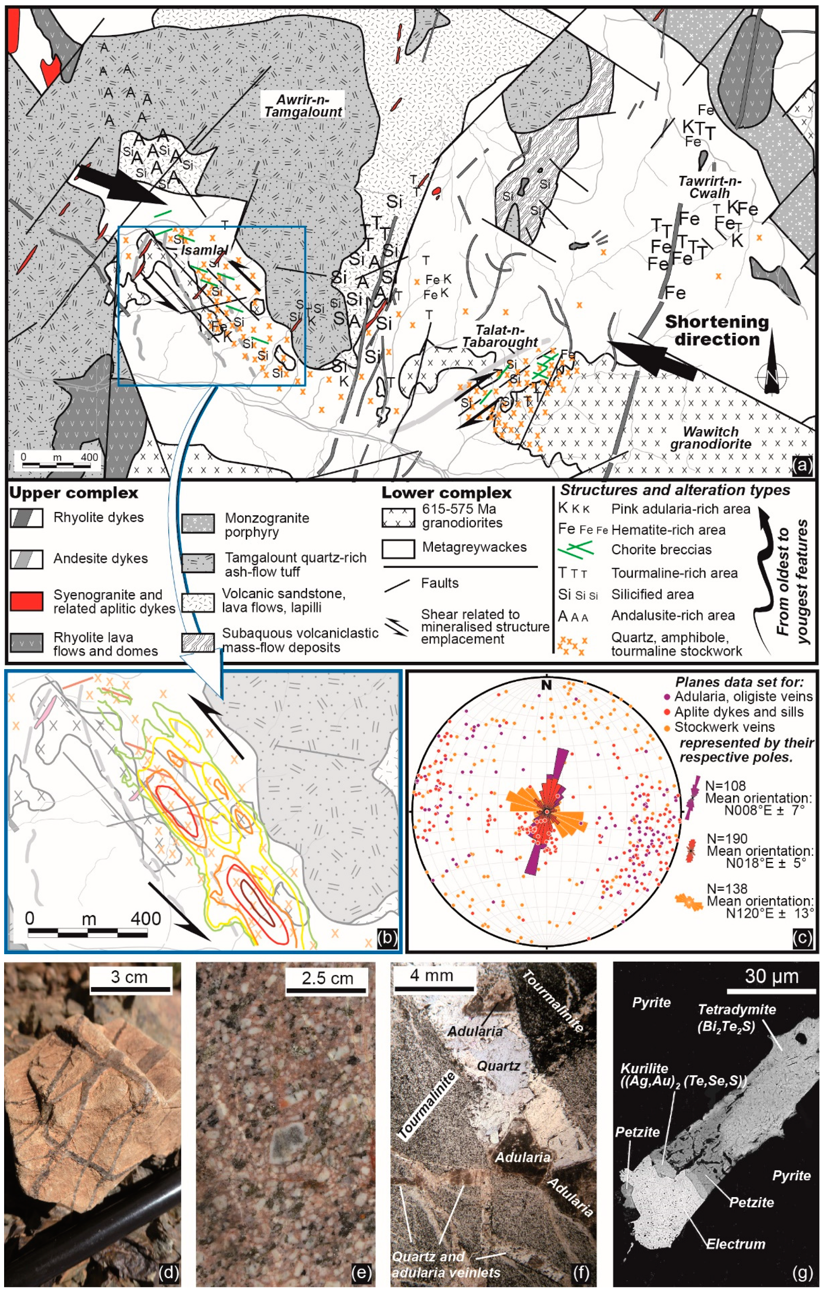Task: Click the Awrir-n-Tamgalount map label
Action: [303, 105]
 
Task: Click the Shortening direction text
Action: [717, 330]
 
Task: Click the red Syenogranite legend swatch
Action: [26, 601]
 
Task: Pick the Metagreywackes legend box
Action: [397, 549]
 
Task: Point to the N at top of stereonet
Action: [546, 685]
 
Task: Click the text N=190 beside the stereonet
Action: [726, 838]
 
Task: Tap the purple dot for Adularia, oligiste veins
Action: [667, 697]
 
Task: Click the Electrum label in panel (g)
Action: [736, 1243]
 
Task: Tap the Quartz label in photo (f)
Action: [498, 1065]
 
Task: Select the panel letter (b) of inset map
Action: [387, 937]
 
